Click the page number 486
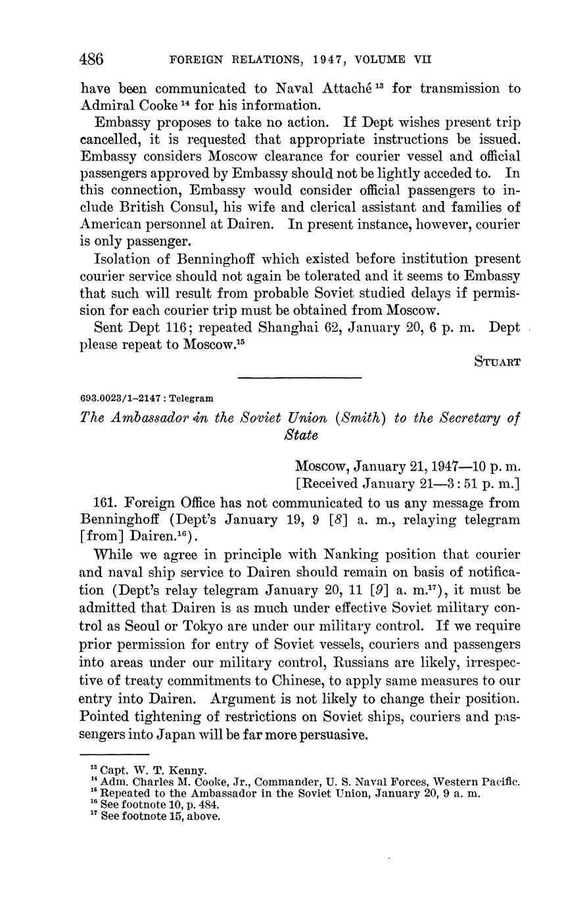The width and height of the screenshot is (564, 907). [x=91, y=59]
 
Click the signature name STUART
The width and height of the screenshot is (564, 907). [x=497, y=361]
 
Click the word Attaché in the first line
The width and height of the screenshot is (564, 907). [x=344, y=88]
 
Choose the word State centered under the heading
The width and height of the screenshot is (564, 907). [x=300, y=435]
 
